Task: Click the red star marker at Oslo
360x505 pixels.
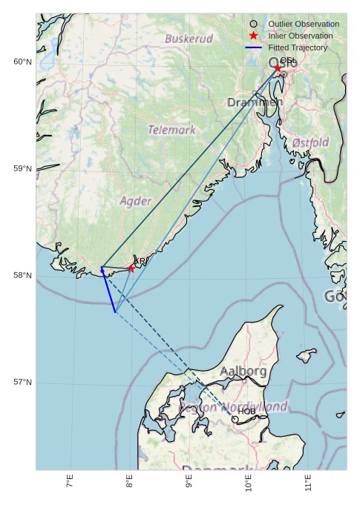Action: click(278, 67)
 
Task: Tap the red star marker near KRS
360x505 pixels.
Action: click(131, 268)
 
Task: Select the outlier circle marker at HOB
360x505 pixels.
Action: click(235, 419)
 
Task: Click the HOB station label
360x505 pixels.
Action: click(246, 411)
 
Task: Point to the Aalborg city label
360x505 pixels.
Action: click(243, 371)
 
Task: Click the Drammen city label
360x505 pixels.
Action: click(255, 102)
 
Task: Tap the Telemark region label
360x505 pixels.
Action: click(171, 130)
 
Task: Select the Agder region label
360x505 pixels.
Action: click(136, 201)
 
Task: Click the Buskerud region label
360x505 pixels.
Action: click(189, 39)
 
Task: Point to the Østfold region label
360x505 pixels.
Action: click(310, 142)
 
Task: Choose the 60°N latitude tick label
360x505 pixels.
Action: click(22, 62)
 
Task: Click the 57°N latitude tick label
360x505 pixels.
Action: click(22, 382)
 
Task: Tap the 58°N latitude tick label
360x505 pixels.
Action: click(22, 275)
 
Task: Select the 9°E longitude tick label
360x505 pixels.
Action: click(189, 485)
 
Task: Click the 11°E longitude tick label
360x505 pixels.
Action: click(308, 485)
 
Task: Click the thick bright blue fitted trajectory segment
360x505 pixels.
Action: click(108, 290)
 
